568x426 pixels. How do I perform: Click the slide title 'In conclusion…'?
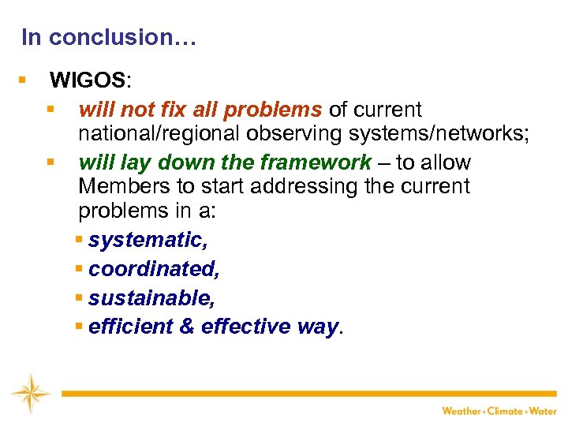tap(108, 37)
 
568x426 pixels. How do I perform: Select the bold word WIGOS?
tap(87, 80)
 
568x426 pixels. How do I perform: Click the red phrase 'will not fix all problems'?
tap(200, 109)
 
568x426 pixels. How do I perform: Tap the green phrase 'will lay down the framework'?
tap(225, 163)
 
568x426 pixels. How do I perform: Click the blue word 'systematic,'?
tap(148, 239)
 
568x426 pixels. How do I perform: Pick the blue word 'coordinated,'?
tap(154, 268)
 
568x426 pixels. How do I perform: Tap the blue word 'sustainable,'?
tap(151, 298)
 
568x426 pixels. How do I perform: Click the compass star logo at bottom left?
tap(30, 394)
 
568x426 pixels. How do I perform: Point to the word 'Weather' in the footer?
tap(461, 410)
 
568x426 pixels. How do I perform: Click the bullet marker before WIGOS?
tap(22, 80)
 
